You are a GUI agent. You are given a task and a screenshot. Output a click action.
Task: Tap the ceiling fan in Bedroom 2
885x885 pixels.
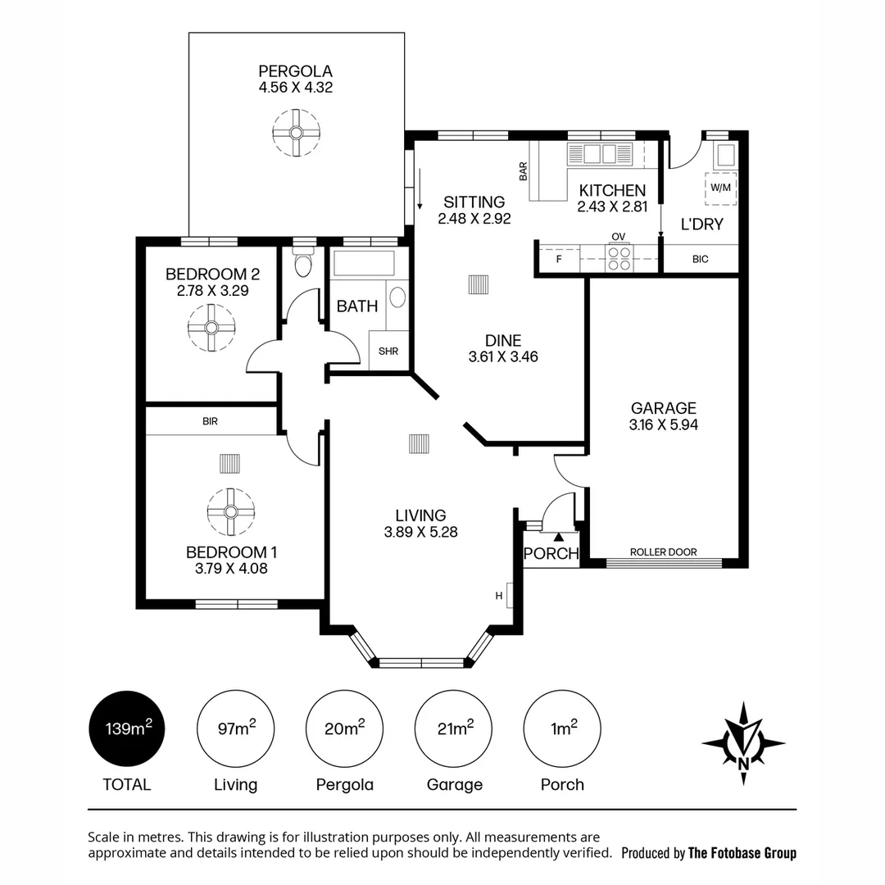tap(211, 327)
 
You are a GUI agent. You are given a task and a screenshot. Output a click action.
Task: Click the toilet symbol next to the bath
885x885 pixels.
tap(303, 265)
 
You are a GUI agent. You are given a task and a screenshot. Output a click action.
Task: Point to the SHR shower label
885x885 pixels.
tap(388, 352)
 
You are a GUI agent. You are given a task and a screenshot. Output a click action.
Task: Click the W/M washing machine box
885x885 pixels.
tap(720, 188)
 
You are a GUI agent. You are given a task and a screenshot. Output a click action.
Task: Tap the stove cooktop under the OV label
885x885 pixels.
tap(618, 258)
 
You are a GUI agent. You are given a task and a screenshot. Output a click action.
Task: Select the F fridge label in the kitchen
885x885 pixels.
tap(559, 259)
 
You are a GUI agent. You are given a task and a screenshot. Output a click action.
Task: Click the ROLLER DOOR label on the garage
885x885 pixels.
tap(663, 551)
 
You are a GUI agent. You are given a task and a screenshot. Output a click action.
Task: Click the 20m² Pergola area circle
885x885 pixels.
tap(344, 728)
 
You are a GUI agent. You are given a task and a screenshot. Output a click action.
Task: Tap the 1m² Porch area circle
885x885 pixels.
tap(562, 728)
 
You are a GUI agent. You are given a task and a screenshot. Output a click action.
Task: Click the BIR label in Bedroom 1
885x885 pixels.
tap(210, 421)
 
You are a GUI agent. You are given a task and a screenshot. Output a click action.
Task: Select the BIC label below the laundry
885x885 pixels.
tap(700, 259)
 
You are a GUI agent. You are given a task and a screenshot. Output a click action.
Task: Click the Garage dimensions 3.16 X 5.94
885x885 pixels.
tap(663, 425)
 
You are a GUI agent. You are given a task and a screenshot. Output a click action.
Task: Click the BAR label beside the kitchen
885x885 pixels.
tap(522, 170)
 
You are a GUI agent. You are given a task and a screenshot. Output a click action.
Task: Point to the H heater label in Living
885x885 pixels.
tap(498, 596)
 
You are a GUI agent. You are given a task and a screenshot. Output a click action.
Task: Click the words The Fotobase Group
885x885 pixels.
tap(742, 853)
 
